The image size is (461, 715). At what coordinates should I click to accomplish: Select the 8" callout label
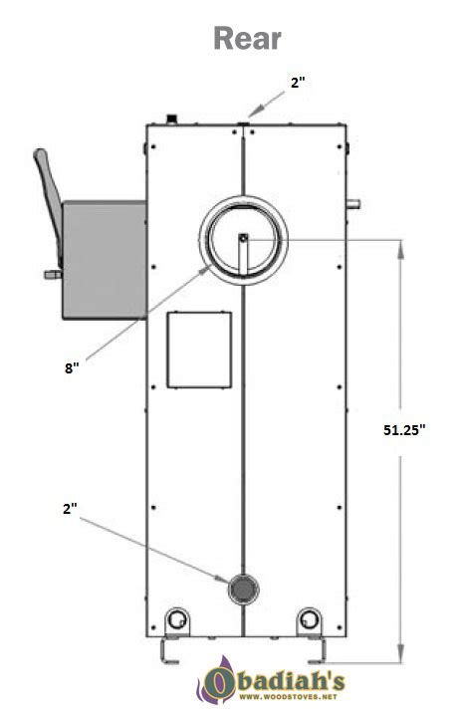[71, 367]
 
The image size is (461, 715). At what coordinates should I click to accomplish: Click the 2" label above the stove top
[298, 85]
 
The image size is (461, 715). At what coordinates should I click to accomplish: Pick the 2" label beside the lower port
[70, 507]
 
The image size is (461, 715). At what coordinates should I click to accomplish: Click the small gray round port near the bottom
[240, 590]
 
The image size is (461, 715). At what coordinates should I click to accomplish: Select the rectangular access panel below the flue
[198, 349]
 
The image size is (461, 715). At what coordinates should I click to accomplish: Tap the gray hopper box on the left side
[104, 257]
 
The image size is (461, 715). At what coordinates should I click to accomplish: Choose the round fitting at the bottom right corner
[310, 619]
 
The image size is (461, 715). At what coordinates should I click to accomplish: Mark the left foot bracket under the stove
[169, 652]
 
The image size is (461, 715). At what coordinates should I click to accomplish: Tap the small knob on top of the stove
[172, 119]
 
